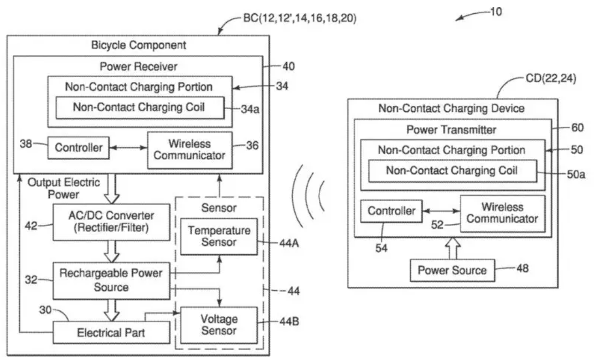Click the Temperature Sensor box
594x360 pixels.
point(219,236)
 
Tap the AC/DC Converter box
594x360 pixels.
point(111,222)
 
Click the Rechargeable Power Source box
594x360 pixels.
point(111,280)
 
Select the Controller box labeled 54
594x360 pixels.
point(391,211)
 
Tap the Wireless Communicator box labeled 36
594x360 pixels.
point(189,149)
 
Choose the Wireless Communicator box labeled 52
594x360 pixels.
point(502,213)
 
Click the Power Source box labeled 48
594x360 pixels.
point(452,270)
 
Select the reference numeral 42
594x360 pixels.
point(32,225)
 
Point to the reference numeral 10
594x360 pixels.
point(496,11)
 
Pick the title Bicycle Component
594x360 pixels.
point(138,45)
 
